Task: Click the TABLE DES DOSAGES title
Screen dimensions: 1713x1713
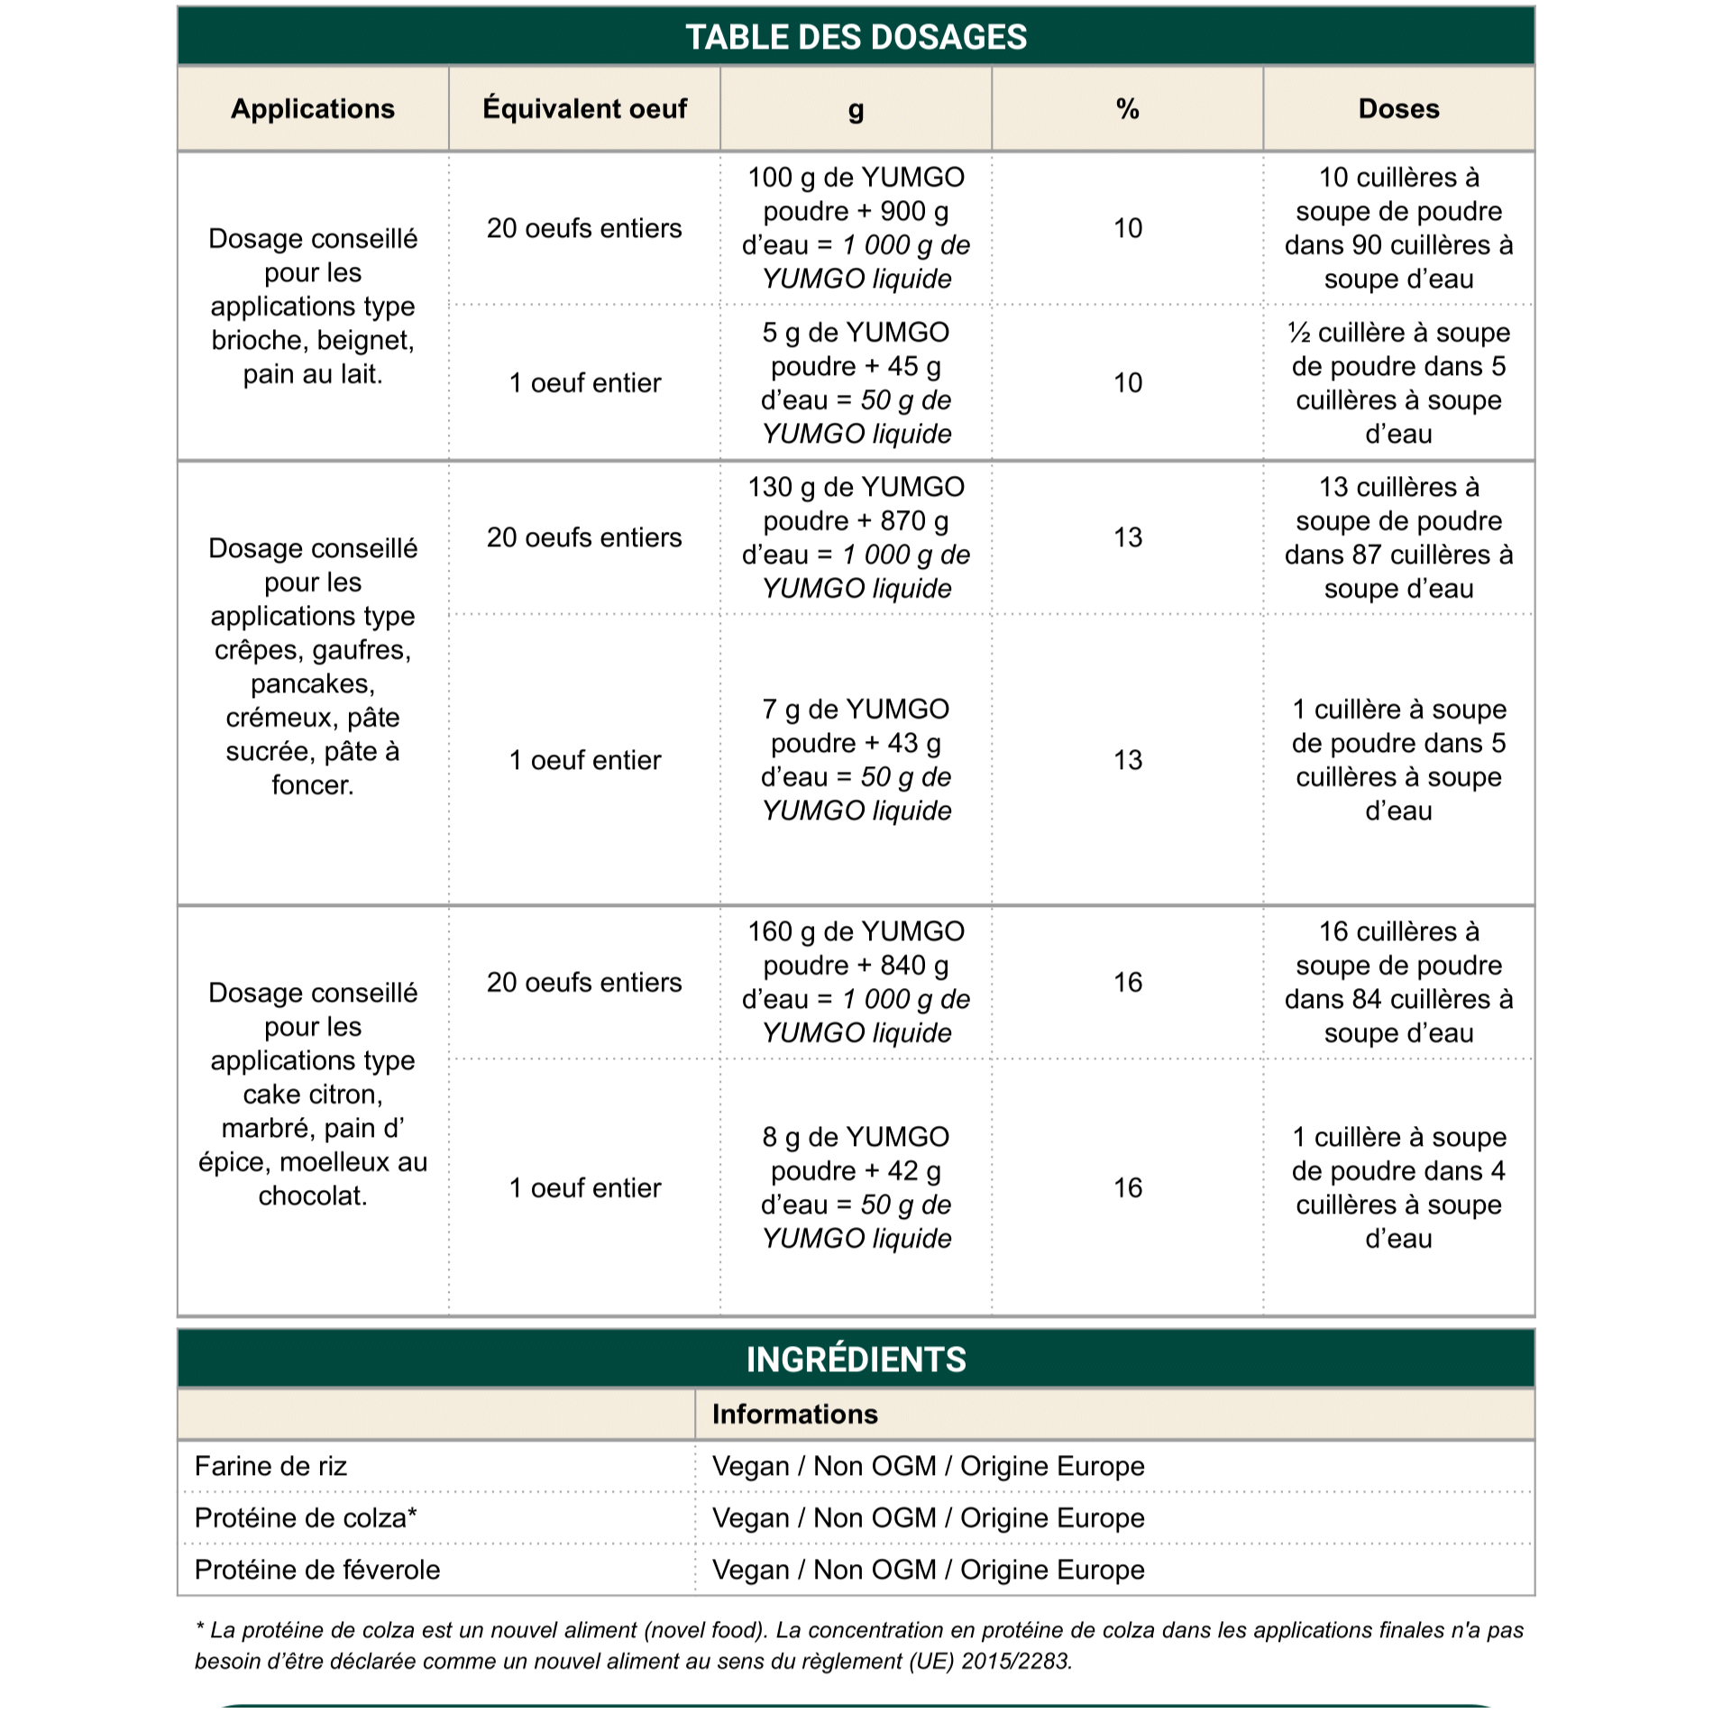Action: click(856, 37)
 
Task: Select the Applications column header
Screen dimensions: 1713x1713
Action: click(313, 109)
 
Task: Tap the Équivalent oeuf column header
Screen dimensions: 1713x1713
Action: click(584, 109)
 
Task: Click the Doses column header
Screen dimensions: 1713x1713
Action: click(1398, 109)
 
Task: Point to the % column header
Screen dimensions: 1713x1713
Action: click(1127, 109)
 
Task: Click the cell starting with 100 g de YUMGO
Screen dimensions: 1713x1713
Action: click(856, 228)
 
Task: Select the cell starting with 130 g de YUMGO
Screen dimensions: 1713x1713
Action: click(856, 537)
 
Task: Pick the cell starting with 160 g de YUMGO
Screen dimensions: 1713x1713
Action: click(856, 982)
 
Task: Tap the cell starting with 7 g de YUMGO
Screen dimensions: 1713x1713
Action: click(856, 759)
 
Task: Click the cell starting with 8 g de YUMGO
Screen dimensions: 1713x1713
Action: click(856, 1187)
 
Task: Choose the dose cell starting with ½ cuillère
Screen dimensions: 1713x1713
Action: click(1398, 383)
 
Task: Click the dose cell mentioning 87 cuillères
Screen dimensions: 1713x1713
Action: click(1398, 537)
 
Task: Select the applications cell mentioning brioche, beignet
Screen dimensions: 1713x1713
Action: click(313, 307)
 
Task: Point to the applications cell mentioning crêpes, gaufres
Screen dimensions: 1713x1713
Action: click(313, 666)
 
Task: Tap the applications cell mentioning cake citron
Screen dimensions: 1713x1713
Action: click(313, 1094)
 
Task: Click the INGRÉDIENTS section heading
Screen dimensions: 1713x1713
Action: click(856, 1360)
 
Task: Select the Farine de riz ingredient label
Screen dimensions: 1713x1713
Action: click(270, 1466)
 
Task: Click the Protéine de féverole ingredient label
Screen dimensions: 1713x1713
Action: click(317, 1570)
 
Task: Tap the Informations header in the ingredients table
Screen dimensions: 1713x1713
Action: click(794, 1414)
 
